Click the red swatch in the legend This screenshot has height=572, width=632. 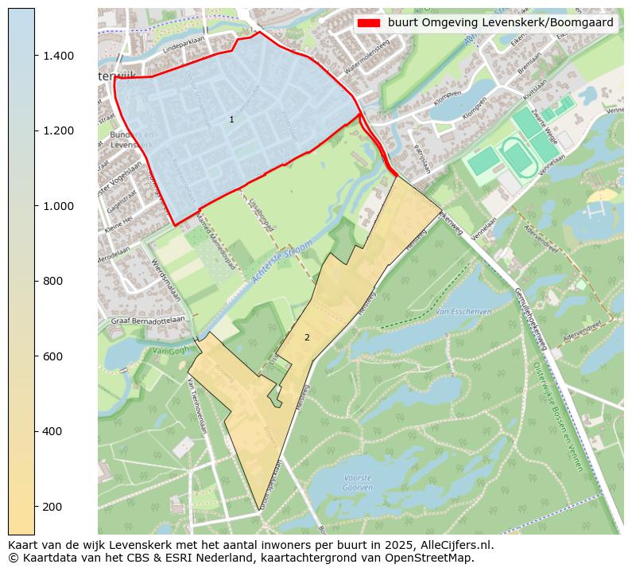click(x=369, y=22)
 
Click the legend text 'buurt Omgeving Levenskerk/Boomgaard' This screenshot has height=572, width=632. click(x=501, y=22)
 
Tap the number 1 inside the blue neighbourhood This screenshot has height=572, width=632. click(x=231, y=119)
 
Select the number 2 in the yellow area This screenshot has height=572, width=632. click(x=307, y=337)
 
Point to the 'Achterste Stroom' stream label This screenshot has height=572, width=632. click(x=278, y=266)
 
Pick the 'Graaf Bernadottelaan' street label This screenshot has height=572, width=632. click(x=147, y=318)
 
